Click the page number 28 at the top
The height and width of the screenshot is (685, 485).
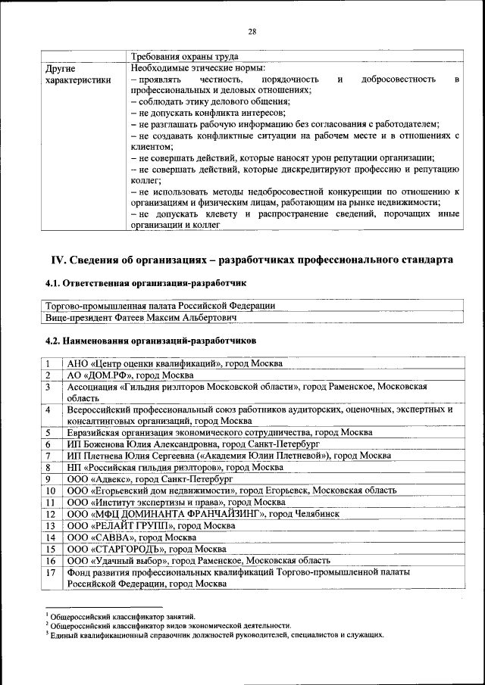pyautogui.click(x=252, y=31)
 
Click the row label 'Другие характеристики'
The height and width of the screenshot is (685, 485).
pyautogui.click(x=78, y=73)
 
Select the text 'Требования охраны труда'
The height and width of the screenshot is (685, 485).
pyautogui.click(x=185, y=56)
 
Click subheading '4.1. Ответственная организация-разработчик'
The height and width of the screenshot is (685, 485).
pyautogui.click(x=146, y=283)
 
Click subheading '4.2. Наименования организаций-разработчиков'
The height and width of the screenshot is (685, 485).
pyautogui.click(x=151, y=341)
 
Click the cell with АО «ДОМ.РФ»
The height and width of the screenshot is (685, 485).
pyautogui.click(x=130, y=375)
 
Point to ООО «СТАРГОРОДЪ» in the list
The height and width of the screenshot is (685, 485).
pyautogui.click(x=142, y=549)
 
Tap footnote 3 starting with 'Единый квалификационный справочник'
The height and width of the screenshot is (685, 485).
pyautogui.click(x=216, y=635)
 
